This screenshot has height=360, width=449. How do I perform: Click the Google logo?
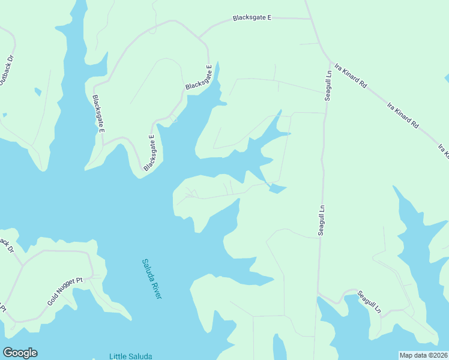[20, 353]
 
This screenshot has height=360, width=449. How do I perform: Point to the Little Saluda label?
[130, 356]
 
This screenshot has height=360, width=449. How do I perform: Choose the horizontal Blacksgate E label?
[252, 18]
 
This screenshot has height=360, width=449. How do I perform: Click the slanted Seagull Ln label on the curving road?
[369, 302]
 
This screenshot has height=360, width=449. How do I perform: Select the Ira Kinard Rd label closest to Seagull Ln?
[351, 76]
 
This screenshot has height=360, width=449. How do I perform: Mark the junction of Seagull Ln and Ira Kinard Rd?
[330, 61]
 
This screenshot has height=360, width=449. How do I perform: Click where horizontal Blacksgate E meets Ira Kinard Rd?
[310, 19]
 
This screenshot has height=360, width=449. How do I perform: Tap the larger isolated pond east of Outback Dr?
[38, 92]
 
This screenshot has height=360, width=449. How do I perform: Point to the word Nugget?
[68, 290]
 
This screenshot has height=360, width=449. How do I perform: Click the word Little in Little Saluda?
[118, 356]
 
